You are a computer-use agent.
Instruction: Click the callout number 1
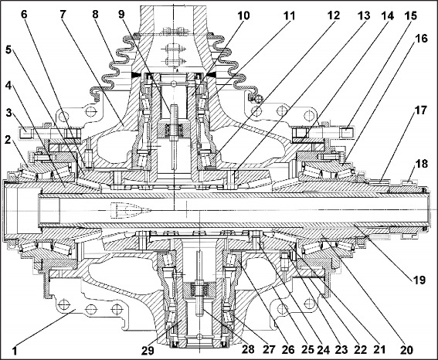pyautogui.click(x=15, y=351)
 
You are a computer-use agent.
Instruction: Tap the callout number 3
pyautogui.click(x=9, y=113)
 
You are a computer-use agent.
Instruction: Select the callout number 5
pyautogui.click(x=9, y=50)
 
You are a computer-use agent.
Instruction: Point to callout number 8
pyautogui.click(x=96, y=14)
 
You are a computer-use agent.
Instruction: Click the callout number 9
pyautogui.click(x=121, y=14)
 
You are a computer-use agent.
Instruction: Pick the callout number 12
pyautogui.click(x=333, y=15)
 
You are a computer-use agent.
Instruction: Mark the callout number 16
pyautogui.click(x=421, y=39)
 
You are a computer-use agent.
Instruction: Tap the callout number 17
pyautogui.click(x=421, y=110)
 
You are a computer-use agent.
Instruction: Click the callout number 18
pyautogui.click(x=422, y=164)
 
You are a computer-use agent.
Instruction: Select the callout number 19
pyautogui.click(x=419, y=280)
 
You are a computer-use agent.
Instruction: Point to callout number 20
pyautogui.click(x=406, y=349)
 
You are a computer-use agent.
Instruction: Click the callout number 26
pyautogui.click(x=287, y=349)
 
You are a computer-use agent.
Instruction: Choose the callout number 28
pyautogui.click(x=248, y=349)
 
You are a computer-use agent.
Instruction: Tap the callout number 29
pyautogui.click(x=148, y=350)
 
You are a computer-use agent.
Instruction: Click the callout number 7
pyautogui.click(x=62, y=14)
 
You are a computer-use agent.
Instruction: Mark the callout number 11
pyautogui.click(x=290, y=15)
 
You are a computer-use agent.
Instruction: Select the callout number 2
pyautogui.click(x=8, y=139)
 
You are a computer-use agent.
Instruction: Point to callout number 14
pyautogui.click(x=387, y=15)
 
